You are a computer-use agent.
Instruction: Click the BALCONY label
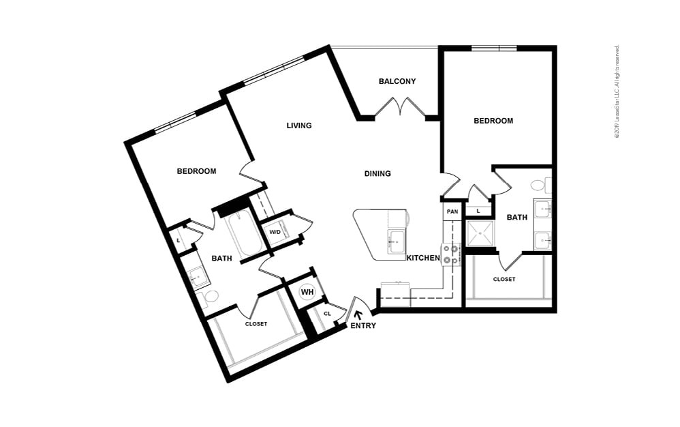click(397, 81)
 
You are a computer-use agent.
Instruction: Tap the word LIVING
click(299, 126)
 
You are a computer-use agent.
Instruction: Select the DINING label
click(377, 174)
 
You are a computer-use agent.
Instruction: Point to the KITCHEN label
click(423, 258)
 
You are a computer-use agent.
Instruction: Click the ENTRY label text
click(363, 326)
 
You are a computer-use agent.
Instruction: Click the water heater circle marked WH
click(307, 292)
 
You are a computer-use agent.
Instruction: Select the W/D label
click(275, 232)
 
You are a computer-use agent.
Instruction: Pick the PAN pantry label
click(452, 212)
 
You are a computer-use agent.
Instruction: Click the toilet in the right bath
click(538, 185)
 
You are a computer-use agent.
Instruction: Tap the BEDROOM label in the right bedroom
click(493, 121)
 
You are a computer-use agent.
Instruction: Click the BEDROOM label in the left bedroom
click(196, 171)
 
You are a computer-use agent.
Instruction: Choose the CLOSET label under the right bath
click(504, 279)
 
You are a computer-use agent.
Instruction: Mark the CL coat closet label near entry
click(327, 314)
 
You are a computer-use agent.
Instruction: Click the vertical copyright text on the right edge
click(617, 92)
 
